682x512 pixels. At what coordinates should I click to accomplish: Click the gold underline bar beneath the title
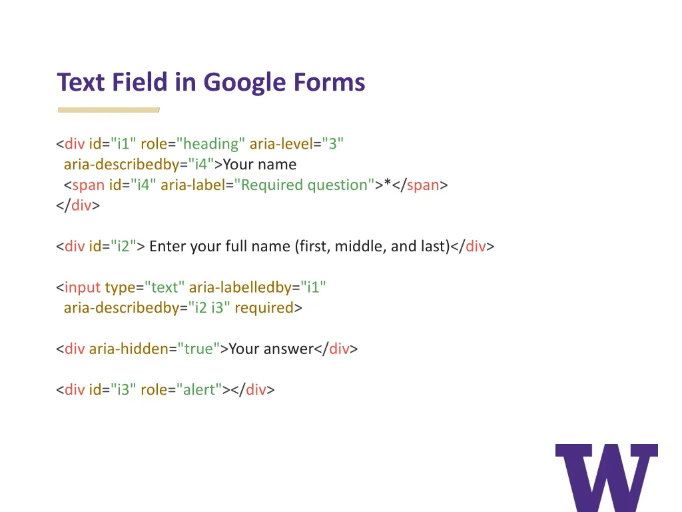[109, 109]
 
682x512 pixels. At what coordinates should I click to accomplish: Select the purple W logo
[606, 477]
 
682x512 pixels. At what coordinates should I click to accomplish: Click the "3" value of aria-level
[333, 144]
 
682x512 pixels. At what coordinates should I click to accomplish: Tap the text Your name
[260, 165]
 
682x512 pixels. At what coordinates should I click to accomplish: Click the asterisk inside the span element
[387, 185]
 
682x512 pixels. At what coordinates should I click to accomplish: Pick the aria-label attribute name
[192, 185]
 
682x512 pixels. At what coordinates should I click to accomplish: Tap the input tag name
[83, 288]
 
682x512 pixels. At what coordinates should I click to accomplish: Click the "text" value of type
[165, 288]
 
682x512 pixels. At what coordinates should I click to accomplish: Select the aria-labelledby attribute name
[240, 288]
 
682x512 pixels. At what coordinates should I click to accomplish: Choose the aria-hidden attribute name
[129, 349]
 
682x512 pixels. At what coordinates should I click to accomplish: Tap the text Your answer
[271, 349]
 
